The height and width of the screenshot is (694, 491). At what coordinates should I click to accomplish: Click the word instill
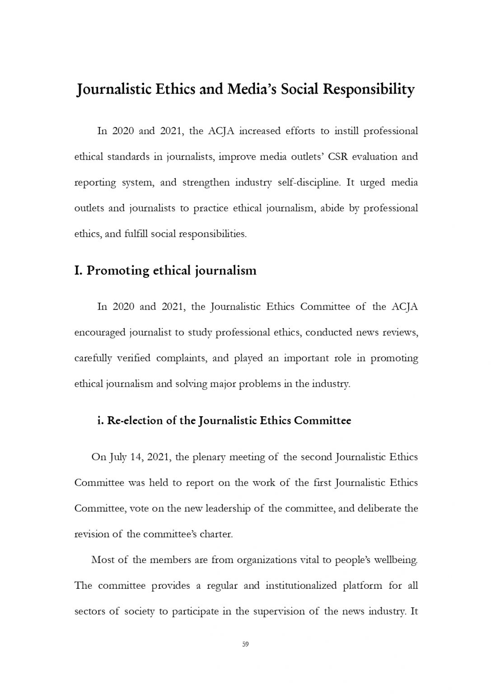(x=346, y=131)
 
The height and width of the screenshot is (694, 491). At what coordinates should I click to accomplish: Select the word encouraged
(x=100, y=333)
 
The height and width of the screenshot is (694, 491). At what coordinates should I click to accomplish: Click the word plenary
(x=209, y=457)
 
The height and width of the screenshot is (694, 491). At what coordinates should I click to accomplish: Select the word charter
(x=216, y=534)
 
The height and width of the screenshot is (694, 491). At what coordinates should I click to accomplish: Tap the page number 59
(x=246, y=644)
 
